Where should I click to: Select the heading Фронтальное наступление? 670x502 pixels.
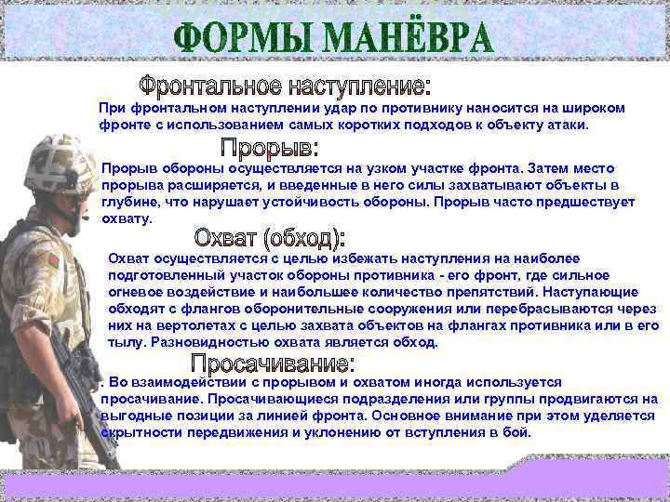[285, 88]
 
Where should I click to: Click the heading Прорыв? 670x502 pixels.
[269, 148]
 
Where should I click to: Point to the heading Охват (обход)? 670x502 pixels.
[270, 236]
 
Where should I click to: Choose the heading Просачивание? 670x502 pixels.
[273, 363]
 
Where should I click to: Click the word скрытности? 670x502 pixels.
[136, 433]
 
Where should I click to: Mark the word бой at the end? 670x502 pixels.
[518, 433]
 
